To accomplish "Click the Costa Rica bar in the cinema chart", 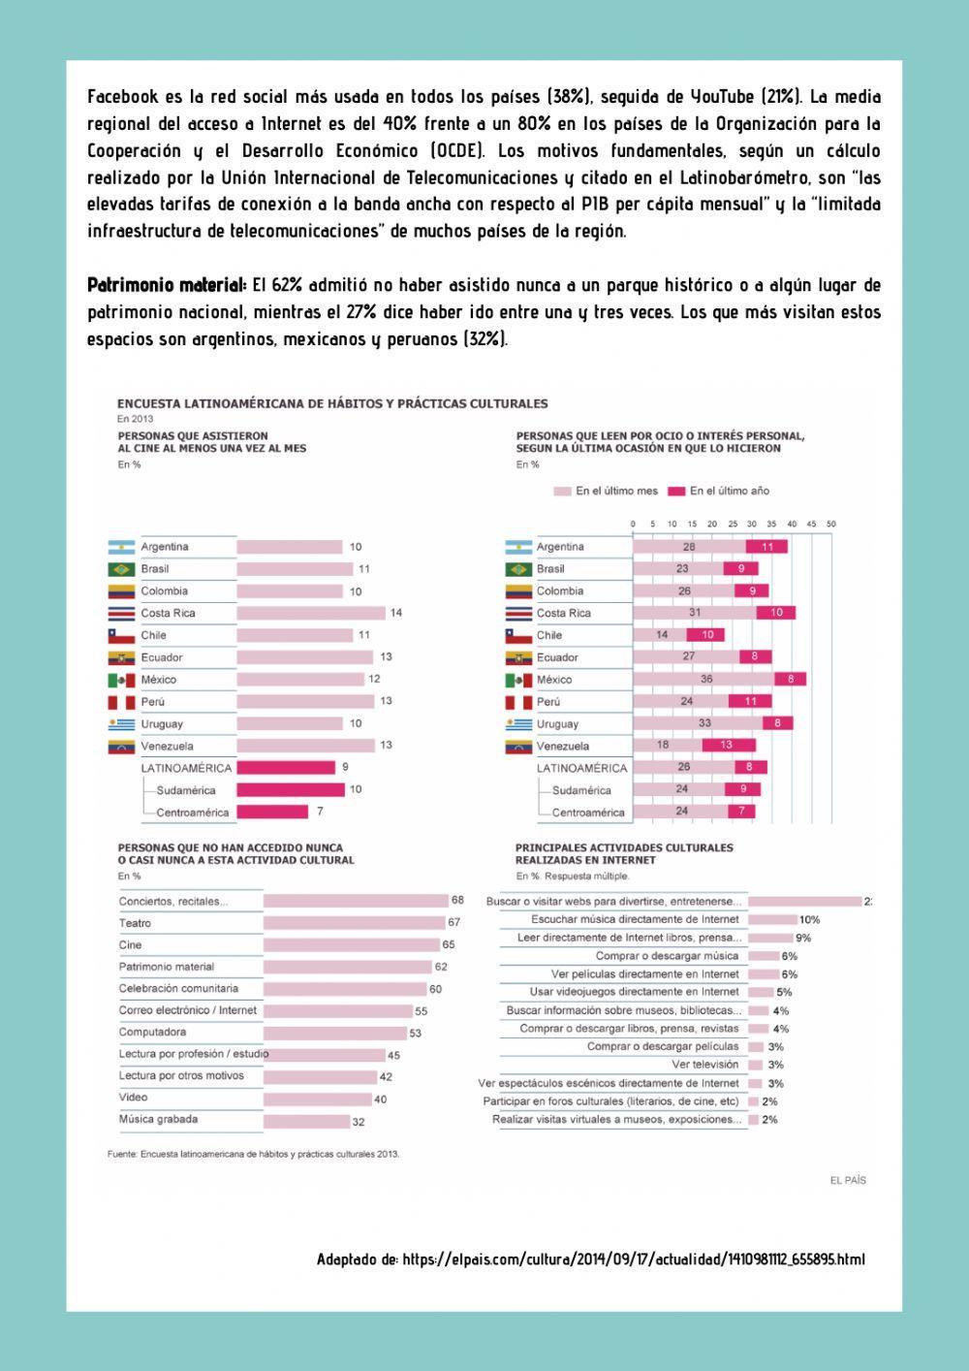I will pos(311,613).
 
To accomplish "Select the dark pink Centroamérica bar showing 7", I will pos(272,812).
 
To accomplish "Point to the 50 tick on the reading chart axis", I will pos(830,525).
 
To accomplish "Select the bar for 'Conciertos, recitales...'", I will pos(356,901).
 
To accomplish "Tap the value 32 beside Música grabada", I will pos(359,1122).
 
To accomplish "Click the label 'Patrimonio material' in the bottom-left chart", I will pos(167,967).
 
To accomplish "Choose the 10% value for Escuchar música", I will pos(809,919).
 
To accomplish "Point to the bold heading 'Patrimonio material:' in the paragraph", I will pos(167,286).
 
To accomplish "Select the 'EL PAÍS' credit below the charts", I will pos(848,1180).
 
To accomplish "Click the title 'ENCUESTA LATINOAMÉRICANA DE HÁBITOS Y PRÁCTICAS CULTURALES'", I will pos(332,403).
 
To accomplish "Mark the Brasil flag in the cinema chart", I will pos(121,569).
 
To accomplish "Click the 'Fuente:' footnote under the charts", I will pos(253,1154).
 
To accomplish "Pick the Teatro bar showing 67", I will pos(353,923).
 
